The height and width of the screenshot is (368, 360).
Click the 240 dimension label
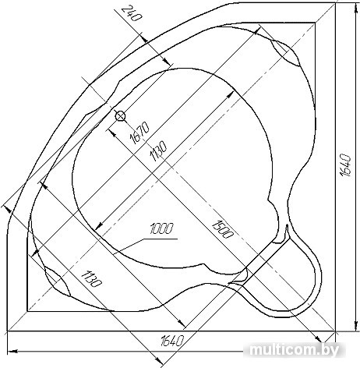(132, 14)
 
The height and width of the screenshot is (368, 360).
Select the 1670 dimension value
(139, 133)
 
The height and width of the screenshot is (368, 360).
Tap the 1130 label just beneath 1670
(158, 151)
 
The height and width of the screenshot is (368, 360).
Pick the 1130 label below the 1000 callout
(90, 278)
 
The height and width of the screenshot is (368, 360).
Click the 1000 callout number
(161, 228)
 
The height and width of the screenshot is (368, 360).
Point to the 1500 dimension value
(223, 228)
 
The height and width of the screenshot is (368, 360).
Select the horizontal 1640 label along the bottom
(172, 340)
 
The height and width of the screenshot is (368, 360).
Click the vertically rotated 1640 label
(345, 165)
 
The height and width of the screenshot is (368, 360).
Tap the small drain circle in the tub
(120, 116)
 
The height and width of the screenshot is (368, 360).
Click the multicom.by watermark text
(294, 350)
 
